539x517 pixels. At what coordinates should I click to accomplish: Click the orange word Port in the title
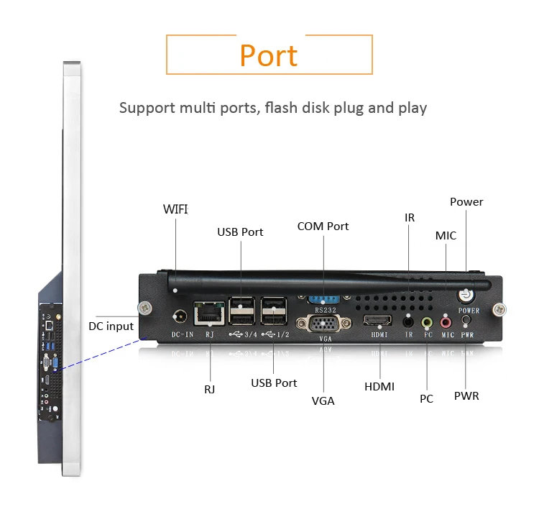[269, 55]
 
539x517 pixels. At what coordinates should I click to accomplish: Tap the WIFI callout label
[175, 209]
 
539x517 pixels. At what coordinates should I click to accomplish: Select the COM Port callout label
[323, 227]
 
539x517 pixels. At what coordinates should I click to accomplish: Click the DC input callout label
[111, 326]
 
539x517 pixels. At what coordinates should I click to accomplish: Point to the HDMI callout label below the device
[379, 387]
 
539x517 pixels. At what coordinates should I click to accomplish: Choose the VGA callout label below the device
[323, 401]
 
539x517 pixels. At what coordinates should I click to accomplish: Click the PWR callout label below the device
[466, 396]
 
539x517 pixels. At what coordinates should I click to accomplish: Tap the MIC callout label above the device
[446, 236]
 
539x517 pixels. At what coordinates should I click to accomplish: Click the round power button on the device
[466, 295]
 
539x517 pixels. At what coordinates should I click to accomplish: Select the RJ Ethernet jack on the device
[209, 314]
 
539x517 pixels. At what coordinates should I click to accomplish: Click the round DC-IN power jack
[180, 316]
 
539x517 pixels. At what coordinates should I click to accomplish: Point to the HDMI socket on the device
[377, 320]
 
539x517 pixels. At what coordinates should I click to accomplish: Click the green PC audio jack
[427, 323]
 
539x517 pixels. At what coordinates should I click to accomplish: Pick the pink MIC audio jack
[446, 323]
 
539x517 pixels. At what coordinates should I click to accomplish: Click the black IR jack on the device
[408, 322]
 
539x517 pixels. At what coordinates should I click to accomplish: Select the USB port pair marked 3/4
[241, 311]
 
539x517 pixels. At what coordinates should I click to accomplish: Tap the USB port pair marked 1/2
[274, 311]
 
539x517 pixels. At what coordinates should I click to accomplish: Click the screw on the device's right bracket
[499, 310]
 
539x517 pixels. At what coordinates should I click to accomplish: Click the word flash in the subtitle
[281, 108]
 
